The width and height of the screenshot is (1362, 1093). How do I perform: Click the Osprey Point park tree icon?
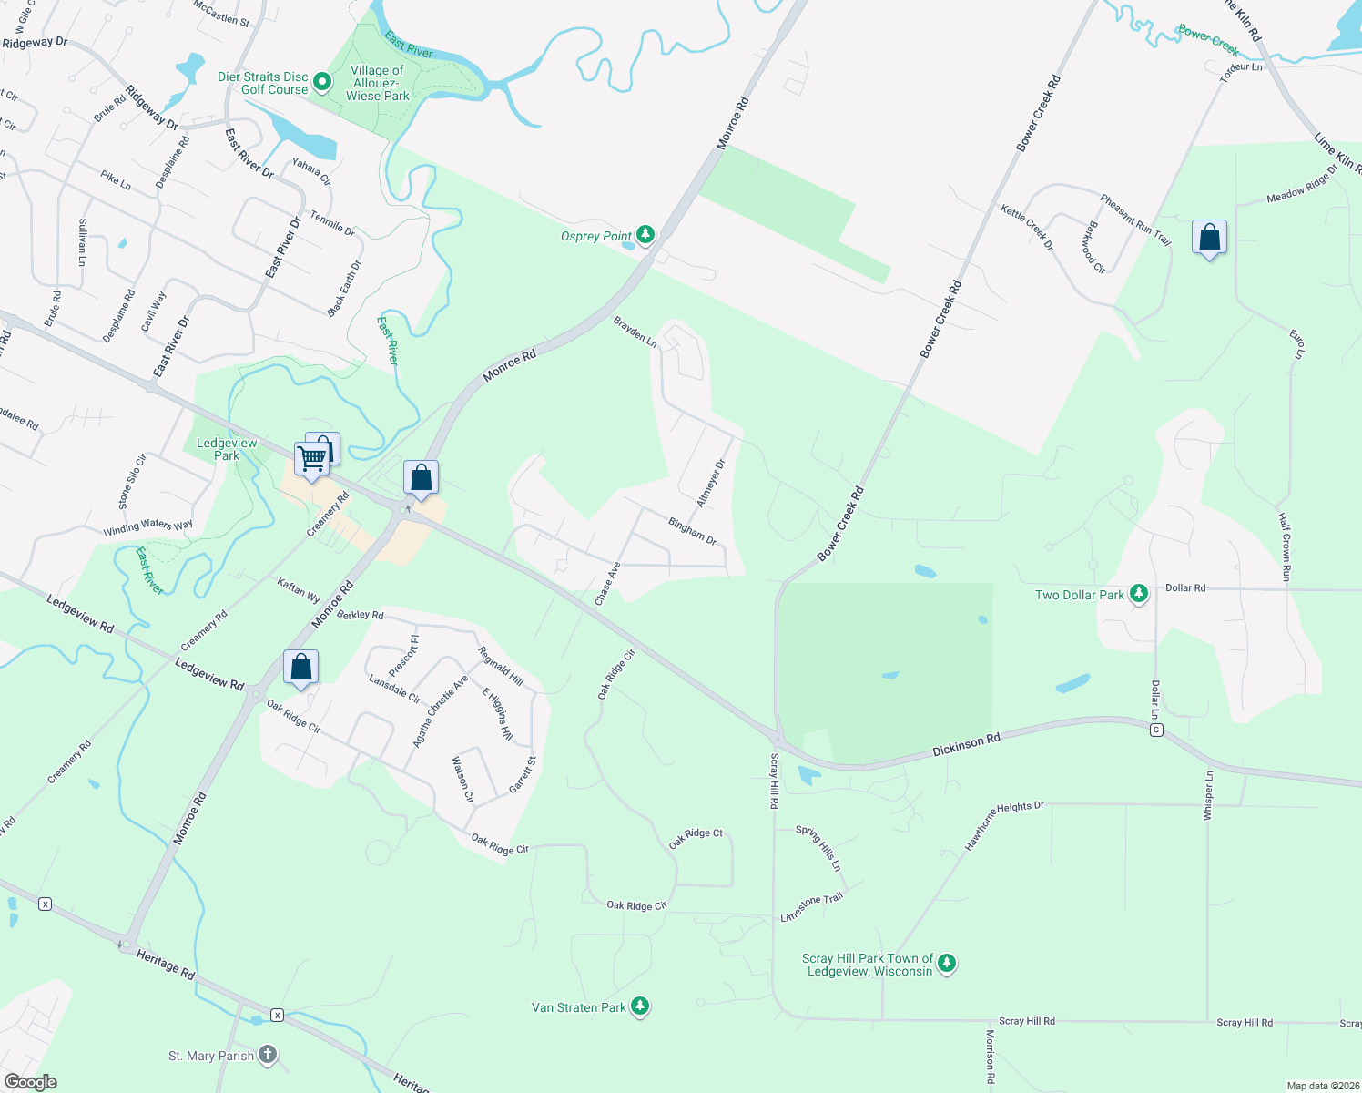[x=645, y=235]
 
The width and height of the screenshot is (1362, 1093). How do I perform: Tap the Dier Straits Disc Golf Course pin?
[x=321, y=83]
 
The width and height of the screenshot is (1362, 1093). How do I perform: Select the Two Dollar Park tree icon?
[x=1138, y=594]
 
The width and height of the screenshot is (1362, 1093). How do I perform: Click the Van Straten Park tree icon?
[x=640, y=1006]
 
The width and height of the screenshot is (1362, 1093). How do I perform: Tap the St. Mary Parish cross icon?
[x=267, y=1055]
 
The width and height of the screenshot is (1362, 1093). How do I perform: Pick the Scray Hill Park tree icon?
[x=947, y=963]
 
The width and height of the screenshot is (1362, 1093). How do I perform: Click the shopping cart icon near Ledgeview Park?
[x=311, y=459]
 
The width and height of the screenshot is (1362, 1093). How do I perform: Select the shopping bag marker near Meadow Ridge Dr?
[x=1209, y=238]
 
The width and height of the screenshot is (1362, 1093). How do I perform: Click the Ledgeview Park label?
[x=227, y=449]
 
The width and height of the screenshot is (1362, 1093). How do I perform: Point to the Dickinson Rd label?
[x=966, y=745]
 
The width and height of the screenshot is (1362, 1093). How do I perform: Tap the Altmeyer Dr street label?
[x=711, y=484]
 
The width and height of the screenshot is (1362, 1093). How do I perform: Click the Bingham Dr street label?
[x=693, y=531]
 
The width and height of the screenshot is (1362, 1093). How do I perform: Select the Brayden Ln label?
[x=635, y=332]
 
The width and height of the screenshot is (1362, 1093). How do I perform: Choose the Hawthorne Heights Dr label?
[x=1003, y=825]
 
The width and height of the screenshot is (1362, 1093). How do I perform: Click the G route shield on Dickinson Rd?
[x=1156, y=730]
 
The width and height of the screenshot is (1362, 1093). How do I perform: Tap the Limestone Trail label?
[x=812, y=906]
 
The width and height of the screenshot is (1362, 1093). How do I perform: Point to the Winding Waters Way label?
[x=147, y=526]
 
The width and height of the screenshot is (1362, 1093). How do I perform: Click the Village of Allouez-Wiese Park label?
[x=378, y=83]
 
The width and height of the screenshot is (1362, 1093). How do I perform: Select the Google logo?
[x=31, y=1081]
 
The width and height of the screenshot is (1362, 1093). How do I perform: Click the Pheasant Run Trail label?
[x=1134, y=220]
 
